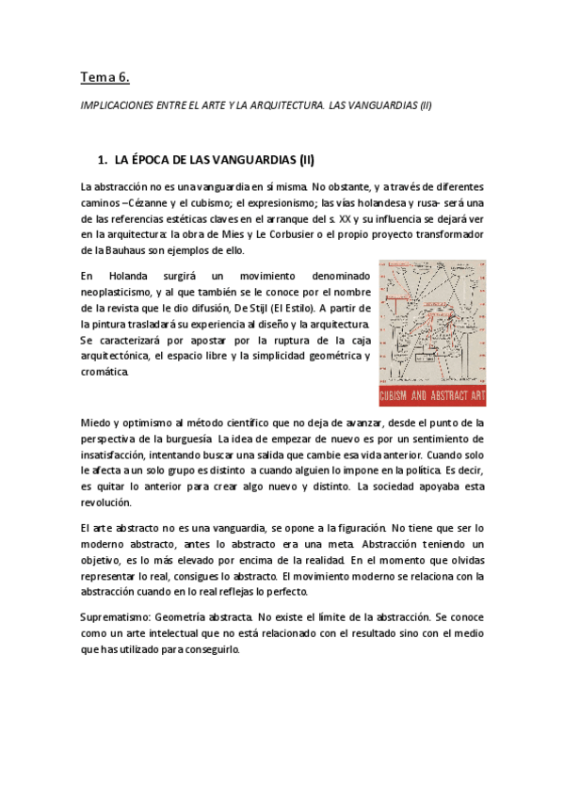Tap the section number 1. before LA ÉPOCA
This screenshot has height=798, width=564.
pos(105,160)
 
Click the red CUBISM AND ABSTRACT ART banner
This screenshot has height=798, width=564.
pos(432,394)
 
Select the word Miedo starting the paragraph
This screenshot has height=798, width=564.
pos(96,423)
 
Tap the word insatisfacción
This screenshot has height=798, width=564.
pos(117,455)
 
